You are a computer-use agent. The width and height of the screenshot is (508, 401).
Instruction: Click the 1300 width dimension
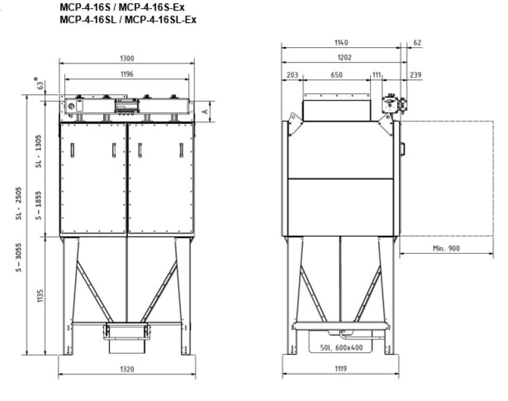126,58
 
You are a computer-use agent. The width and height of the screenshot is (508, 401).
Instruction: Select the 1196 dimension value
127,74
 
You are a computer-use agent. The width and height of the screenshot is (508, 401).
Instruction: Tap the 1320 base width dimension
127,369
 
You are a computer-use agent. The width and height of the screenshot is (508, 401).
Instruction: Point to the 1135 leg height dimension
40,296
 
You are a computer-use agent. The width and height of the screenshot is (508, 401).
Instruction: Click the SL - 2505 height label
19,203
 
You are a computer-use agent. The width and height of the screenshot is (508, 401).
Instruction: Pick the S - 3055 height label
19,258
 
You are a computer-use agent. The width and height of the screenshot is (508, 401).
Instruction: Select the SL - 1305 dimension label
39,151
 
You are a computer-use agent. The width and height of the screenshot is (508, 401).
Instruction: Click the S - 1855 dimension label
39,206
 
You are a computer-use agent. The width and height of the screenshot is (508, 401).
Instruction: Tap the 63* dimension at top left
40,83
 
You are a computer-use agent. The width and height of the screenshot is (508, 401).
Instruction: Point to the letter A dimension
205,112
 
